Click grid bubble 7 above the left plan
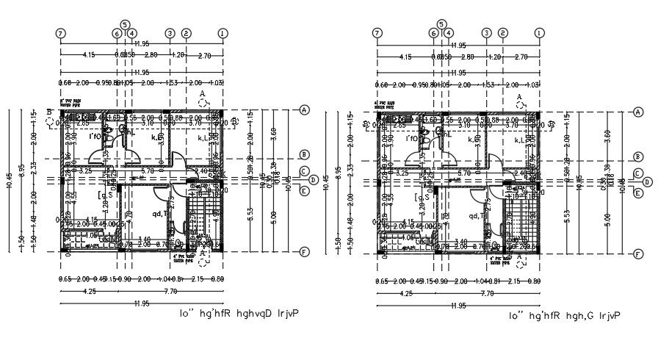pos(60,33)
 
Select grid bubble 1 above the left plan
pos(223,33)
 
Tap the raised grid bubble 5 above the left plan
pos(124,24)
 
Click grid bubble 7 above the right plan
pos(377,33)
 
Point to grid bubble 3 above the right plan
pos(486,33)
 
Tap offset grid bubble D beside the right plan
pos(647,182)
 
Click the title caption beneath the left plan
pos(239,314)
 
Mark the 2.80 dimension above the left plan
pos(150,56)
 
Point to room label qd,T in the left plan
pos(161,215)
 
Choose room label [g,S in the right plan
pos(422,197)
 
